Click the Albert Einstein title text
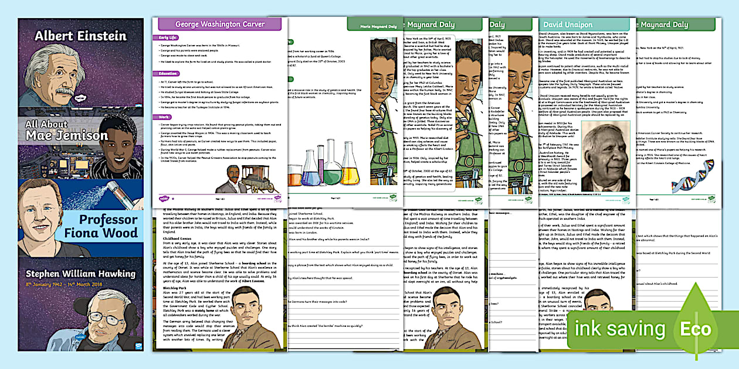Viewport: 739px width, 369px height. tap(80, 36)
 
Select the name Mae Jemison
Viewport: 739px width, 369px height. tap(66, 135)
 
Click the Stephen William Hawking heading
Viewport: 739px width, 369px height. tap(80, 274)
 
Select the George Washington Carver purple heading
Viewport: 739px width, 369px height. tap(220, 24)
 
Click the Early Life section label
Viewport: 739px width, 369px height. tap(168, 37)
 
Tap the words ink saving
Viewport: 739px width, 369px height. tap(621, 328)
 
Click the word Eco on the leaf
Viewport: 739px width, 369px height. tap(695, 328)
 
